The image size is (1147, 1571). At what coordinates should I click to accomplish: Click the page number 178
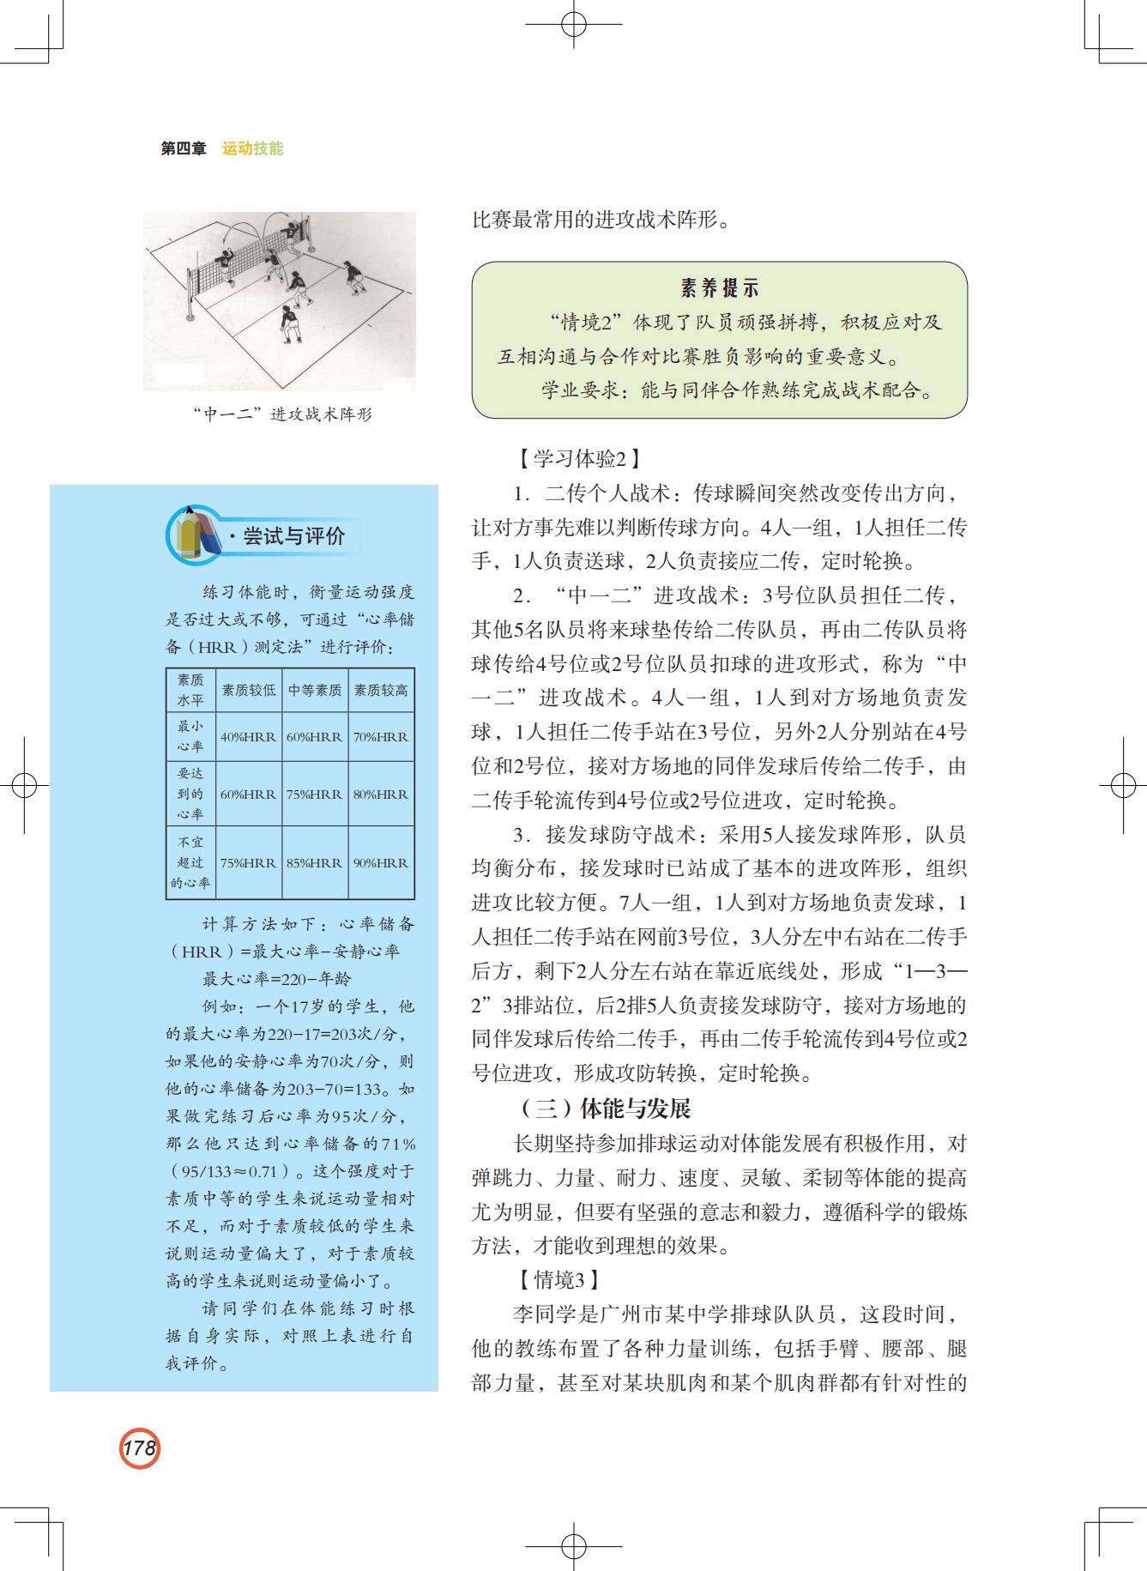coord(140,1448)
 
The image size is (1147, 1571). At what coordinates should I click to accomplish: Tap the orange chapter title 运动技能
coord(252,148)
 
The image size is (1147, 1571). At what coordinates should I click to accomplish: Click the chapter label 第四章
coord(184,148)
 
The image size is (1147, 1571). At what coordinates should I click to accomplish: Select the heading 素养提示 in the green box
coord(719,288)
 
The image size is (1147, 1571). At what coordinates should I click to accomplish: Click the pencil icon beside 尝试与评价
coord(196,535)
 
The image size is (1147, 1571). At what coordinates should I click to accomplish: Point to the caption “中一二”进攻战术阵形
coord(282,414)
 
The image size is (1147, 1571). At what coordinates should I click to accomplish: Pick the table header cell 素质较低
coord(249,690)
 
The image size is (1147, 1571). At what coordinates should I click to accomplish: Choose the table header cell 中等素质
coord(315,690)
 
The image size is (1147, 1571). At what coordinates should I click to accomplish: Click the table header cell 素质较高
coord(381,690)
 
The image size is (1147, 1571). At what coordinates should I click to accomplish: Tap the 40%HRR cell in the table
coord(248,737)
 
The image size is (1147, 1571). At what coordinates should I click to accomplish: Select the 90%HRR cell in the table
coord(381,863)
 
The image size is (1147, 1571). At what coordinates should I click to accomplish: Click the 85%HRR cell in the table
coord(315,863)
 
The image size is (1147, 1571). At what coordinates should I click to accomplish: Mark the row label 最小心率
coord(190,736)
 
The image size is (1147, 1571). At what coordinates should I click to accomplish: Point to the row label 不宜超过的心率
coord(190,862)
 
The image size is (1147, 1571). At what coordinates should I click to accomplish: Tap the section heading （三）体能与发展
coord(606,1109)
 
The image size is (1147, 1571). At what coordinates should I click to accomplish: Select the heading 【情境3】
coord(558,1280)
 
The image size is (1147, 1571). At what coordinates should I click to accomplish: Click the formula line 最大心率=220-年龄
coord(276,979)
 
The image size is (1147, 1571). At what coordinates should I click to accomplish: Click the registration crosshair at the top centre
coord(573,24)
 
